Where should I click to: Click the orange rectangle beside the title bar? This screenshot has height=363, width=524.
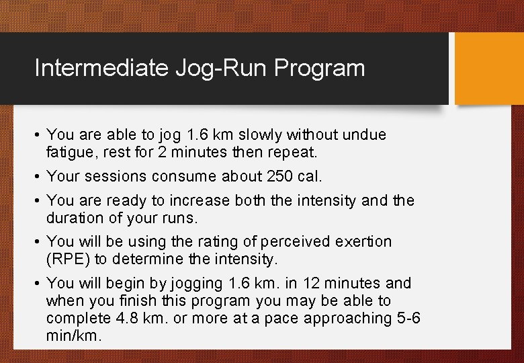pyautogui.click(x=490, y=69)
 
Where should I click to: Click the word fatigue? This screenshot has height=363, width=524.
pyautogui.click(x=70, y=152)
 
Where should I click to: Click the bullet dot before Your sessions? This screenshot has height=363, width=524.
pyautogui.click(x=38, y=177)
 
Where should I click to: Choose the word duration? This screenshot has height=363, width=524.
pyautogui.click(x=73, y=218)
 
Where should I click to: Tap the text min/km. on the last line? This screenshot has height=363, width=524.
pyautogui.click(x=74, y=335)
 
